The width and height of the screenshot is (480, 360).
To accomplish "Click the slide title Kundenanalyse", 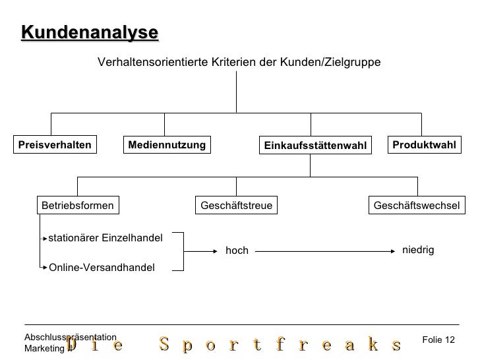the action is (x=90, y=32).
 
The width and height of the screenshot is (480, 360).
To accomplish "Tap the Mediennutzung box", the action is (x=167, y=145).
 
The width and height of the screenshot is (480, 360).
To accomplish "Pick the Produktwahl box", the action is (x=424, y=145).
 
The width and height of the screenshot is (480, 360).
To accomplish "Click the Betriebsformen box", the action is (x=78, y=206).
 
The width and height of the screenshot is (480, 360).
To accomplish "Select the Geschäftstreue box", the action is (x=237, y=206).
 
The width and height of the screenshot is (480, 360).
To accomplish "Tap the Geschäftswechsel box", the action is (x=416, y=206).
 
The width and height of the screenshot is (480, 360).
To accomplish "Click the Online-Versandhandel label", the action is (x=102, y=267).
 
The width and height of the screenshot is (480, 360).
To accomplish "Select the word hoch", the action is (x=237, y=251).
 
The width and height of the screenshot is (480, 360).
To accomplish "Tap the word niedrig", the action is (x=418, y=250).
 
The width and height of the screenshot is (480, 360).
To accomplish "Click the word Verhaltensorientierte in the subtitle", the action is (x=153, y=62).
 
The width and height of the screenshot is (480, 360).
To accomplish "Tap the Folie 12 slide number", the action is (x=438, y=340).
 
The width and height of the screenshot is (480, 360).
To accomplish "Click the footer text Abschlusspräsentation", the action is (x=70, y=337).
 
